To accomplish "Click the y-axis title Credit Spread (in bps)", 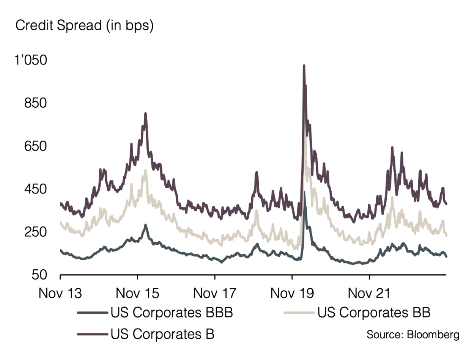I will click(84, 26).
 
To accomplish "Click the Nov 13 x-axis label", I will click(60, 293).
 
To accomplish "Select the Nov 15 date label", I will click(137, 293).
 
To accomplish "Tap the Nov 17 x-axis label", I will click(215, 293).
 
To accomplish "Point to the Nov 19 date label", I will click(292, 293).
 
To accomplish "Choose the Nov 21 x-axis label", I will click(370, 293).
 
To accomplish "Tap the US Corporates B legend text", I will click(163, 334).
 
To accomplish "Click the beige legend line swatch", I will click(299, 313).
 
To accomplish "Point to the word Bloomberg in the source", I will click(433, 335).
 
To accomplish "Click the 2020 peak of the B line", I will click(304, 66).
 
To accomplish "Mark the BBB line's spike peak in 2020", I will click(305, 192).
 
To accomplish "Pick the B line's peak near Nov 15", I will click(145, 113).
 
